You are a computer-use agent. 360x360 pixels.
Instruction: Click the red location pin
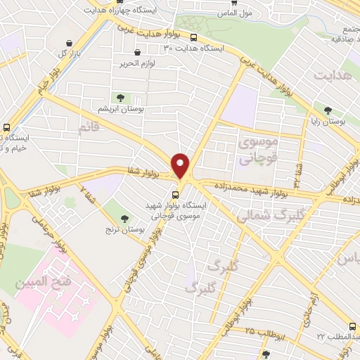click(x=181, y=165)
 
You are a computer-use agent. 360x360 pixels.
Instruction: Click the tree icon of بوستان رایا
click(x=328, y=110)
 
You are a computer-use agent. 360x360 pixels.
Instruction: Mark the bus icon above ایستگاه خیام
click(x=6, y=128)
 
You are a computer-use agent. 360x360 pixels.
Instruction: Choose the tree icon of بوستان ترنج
click(x=124, y=219)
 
